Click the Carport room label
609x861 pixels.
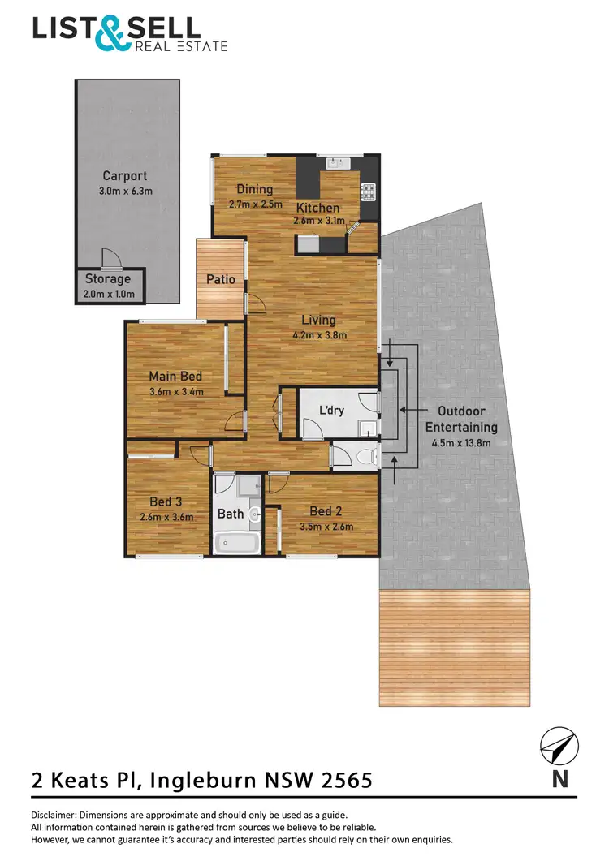(x=124, y=175)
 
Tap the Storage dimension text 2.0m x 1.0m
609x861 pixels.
(x=108, y=294)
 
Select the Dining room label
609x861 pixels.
(x=254, y=189)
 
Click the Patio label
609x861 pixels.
(x=220, y=279)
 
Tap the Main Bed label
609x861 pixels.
(x=175, y=376)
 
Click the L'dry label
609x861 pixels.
(x=332, y=410)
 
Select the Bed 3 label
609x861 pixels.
(x=166, y=502)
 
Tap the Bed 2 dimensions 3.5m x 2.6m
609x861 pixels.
(x=325, y=526)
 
